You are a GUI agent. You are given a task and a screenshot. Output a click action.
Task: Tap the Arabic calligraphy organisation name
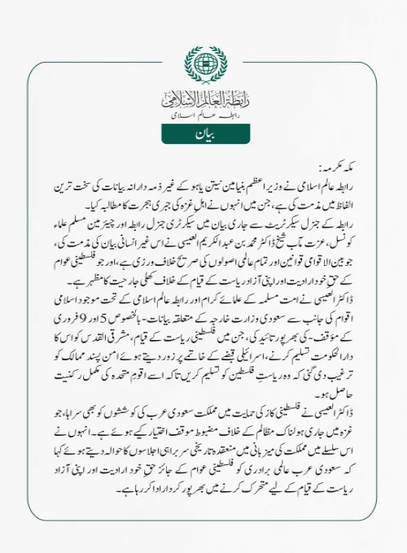coord(203,101)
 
